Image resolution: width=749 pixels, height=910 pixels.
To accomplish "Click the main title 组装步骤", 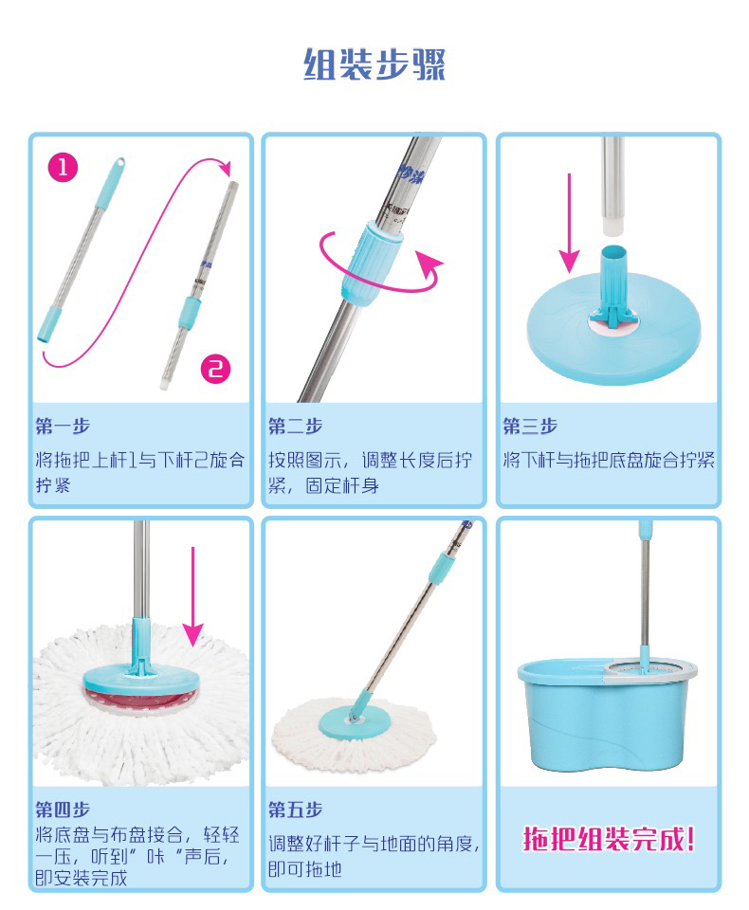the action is point(374,64).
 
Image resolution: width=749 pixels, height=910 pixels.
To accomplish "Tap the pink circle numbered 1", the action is point(63,168).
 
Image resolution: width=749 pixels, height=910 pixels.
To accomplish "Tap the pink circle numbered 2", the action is point(215,369).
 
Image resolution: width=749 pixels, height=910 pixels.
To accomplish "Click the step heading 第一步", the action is point(63,427).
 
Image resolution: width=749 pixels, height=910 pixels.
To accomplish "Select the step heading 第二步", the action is point(296,427).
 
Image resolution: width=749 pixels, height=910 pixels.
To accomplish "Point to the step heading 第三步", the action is point(530,427).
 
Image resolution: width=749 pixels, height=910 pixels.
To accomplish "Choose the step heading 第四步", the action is point(63,809).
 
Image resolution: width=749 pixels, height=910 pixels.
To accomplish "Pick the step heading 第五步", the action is point(296,809).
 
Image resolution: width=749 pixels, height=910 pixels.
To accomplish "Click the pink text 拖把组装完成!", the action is point(609,839).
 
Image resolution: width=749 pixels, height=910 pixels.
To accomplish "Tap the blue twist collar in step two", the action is point(371,261).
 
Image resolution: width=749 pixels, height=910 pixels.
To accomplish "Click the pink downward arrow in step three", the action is point(570,224).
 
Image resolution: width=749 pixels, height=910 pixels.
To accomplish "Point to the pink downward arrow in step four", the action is point(192,596).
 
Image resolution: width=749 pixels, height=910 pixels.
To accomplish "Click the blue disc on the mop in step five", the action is point(354,720).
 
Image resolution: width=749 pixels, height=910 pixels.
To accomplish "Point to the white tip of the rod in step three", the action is point(612,226).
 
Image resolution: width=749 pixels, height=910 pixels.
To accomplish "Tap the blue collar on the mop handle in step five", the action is point(440,567).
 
